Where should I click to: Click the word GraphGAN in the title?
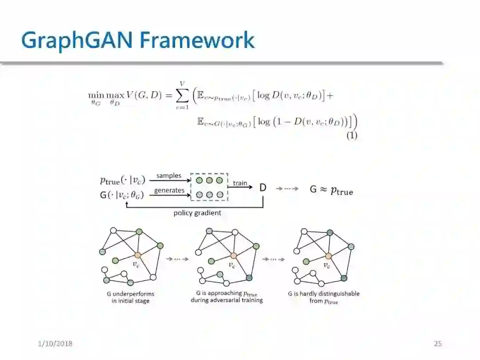pos(77,40)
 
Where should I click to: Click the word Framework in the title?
pos(197,40)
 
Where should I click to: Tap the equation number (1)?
pos(352,136)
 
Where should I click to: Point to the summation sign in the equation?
pos(182,96)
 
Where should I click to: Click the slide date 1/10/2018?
pos(55,344)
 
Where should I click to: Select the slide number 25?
pos(438,344)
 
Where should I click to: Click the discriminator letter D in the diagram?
pos(263,188)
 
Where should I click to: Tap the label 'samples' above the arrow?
pos(169,176)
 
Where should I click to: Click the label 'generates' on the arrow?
pos(169,190)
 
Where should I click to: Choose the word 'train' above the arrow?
pos(240,183)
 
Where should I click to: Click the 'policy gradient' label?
pos(197,213)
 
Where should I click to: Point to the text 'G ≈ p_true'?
pos(331,190)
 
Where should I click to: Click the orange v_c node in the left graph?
pos(138,255)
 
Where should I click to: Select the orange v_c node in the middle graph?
pos(233,256)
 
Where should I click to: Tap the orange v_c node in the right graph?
pos(328,256)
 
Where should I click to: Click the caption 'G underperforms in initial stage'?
pos(130,297)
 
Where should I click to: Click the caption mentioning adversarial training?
pos(227,297)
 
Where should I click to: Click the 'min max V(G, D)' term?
pos(117,96)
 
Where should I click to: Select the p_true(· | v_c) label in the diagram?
pos(122,181)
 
